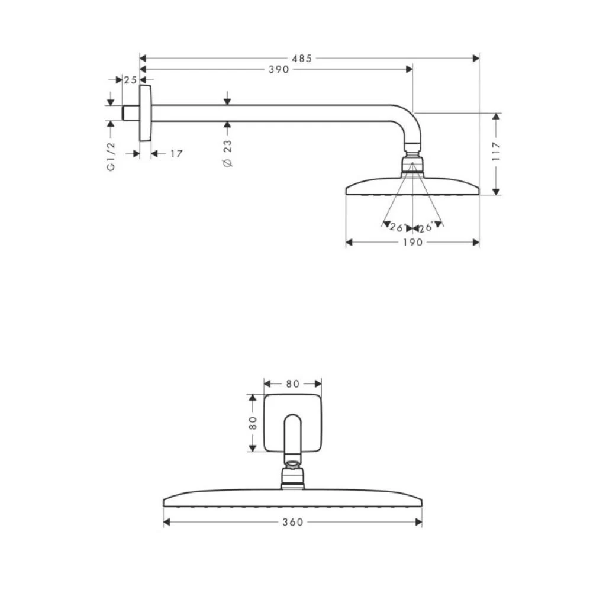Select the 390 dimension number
[278, 69]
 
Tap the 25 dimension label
[131, 79]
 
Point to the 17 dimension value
[176, 153]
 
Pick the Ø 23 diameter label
[228, 154]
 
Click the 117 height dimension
[496, 152]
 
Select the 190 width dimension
[412, 242]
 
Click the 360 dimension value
[292, 522]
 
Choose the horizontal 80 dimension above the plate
[292, 383]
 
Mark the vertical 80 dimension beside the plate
[253, 423]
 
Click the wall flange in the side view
[145, 113]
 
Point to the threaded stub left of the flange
[127, 113]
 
